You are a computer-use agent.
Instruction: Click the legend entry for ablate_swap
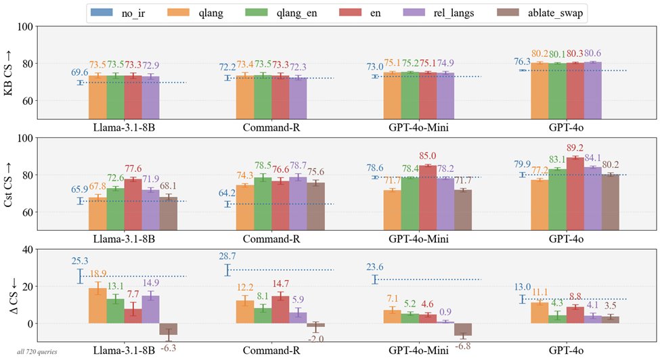pos(540,13)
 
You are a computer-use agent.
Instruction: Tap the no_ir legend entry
pos(118,13)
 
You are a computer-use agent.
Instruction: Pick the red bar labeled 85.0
pos(428,197)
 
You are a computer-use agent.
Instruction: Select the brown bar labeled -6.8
pos(463,330)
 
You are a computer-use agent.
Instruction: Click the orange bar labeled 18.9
pos(97,306)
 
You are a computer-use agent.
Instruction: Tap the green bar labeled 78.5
pos(263,204)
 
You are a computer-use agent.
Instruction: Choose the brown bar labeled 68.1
pos(169,213)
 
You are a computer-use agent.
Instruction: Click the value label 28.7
pos(227,256)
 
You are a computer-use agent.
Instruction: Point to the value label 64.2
pos(227,193)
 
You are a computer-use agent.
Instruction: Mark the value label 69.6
pos(80,72)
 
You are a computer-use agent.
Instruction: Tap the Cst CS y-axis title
pos(8,184)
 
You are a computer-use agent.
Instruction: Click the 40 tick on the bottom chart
pos(27,250)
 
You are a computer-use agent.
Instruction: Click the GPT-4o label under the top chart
pos(566,127)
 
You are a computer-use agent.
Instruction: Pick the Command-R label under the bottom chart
pos(271,351)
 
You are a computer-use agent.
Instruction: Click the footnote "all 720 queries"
pos(37,352)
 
